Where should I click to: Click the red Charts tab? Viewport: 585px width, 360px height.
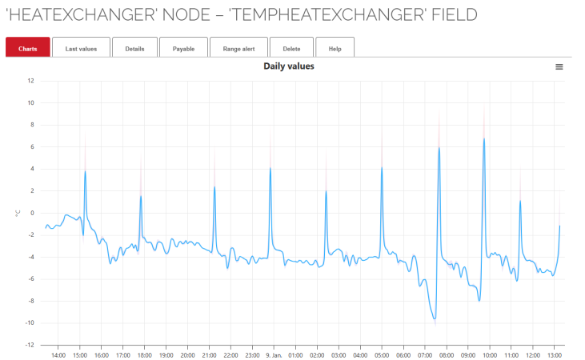click(x=28, y=49)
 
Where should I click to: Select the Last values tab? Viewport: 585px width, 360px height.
click(x=81, y=49)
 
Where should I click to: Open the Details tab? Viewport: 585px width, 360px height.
click(x=134, y=49)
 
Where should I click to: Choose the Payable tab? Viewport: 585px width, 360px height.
click(x=183, y=49)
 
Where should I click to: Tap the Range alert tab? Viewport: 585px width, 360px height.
click(x=238, y=49)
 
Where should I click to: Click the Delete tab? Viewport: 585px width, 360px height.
click(x=291, y=49)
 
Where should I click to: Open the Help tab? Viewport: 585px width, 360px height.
click(x=335, y=49)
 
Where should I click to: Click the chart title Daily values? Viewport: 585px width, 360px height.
click(x=289, y=66)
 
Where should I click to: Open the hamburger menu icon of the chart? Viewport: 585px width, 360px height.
click(x=559, y=67)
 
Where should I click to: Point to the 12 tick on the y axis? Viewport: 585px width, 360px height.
click(x=30, y=81)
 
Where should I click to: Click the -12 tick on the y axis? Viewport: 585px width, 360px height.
click(x=30, y=346)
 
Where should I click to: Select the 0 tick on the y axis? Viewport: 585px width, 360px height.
click(x=32, y=213)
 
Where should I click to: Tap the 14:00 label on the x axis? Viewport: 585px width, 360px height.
click(x=58, y=355)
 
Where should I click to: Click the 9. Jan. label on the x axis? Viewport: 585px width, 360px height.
click(x=274, y=355)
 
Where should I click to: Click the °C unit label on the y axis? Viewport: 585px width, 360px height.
click(x=17, y=214)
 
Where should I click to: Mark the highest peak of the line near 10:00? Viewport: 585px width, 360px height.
click(x=484, y=138)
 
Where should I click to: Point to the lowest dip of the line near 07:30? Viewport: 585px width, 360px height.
click(x=435, y=319)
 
